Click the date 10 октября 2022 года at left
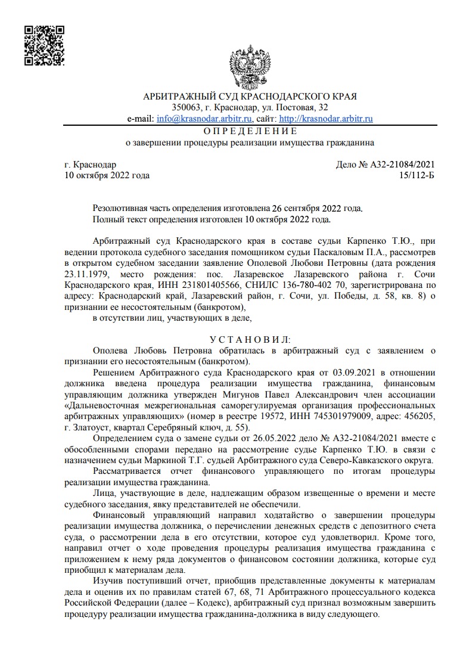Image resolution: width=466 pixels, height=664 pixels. click(x=107, y=175)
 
